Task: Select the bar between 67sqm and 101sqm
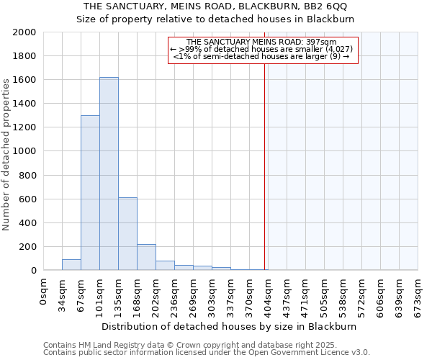point(90,193)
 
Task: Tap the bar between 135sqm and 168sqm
point(127,234)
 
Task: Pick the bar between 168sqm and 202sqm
point(146,257)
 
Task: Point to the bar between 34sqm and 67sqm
point(71,265)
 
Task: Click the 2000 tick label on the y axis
point(24,32)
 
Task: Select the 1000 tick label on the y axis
point(24,151)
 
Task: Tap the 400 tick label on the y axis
point(27,222)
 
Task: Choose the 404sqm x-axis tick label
point(269,292)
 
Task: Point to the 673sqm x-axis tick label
point(418,292)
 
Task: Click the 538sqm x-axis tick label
point(343,292)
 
